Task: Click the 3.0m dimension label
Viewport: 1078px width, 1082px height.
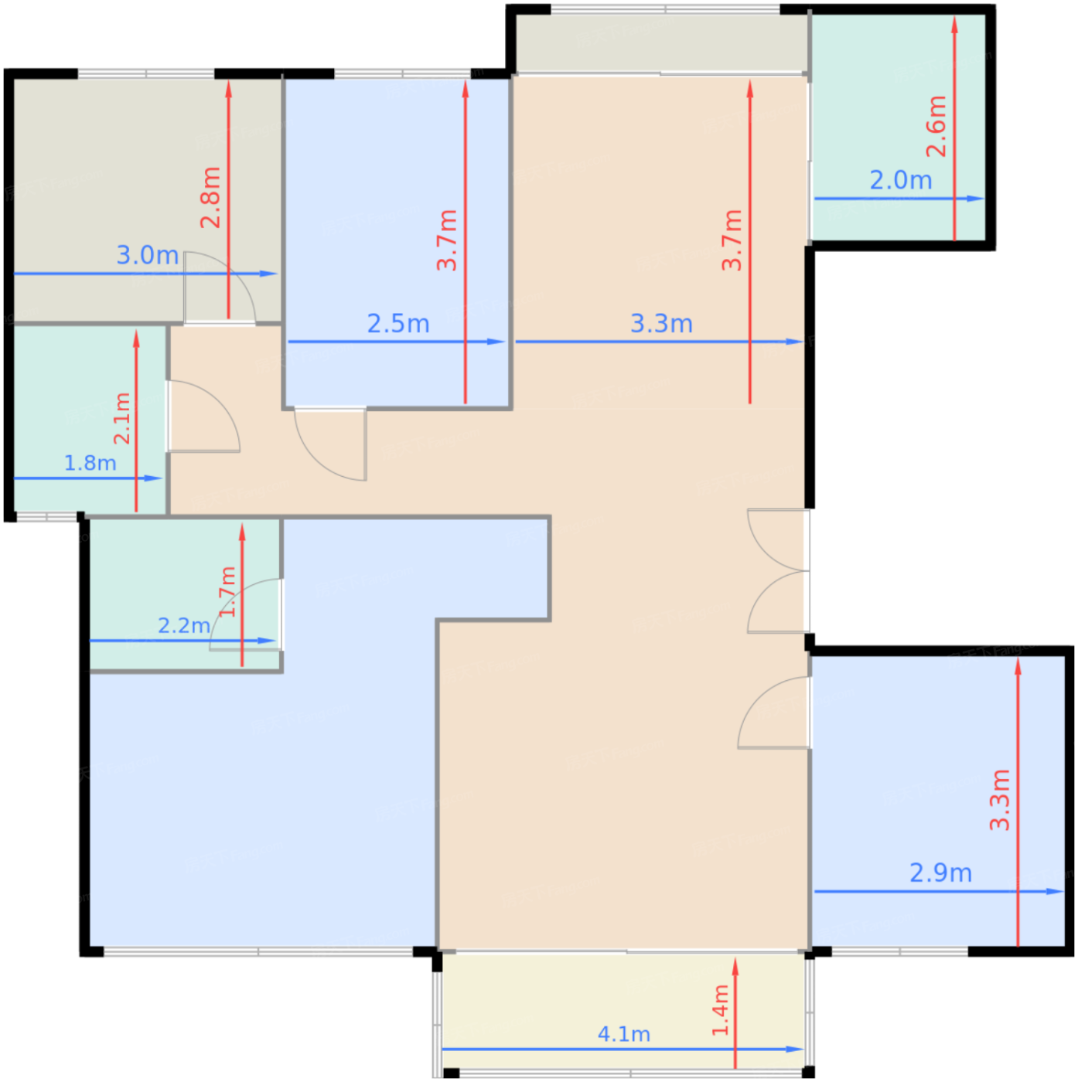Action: [147, 256]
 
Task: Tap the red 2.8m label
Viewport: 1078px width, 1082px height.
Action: [211, 197]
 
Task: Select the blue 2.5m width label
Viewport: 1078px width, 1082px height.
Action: [398, 324]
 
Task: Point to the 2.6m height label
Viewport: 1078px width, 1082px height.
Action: [936, 126]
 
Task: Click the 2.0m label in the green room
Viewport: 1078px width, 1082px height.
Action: [900, 180]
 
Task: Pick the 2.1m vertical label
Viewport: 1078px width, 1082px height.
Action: [122, 418]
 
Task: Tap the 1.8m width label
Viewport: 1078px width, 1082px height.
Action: [90, 463]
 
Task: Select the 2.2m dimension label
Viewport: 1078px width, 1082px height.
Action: [184, 625]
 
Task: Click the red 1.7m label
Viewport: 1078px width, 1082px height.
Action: [227, 592]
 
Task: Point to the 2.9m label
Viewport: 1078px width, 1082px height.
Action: [940, 873]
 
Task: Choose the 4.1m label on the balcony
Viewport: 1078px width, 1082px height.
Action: [623, 1034]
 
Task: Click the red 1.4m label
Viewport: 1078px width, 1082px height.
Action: [720, 1010]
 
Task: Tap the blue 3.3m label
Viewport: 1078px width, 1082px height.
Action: [661, 324]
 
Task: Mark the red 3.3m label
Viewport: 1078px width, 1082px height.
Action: [999, 800]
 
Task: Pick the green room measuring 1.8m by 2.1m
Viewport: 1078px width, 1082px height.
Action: [90, 419]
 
